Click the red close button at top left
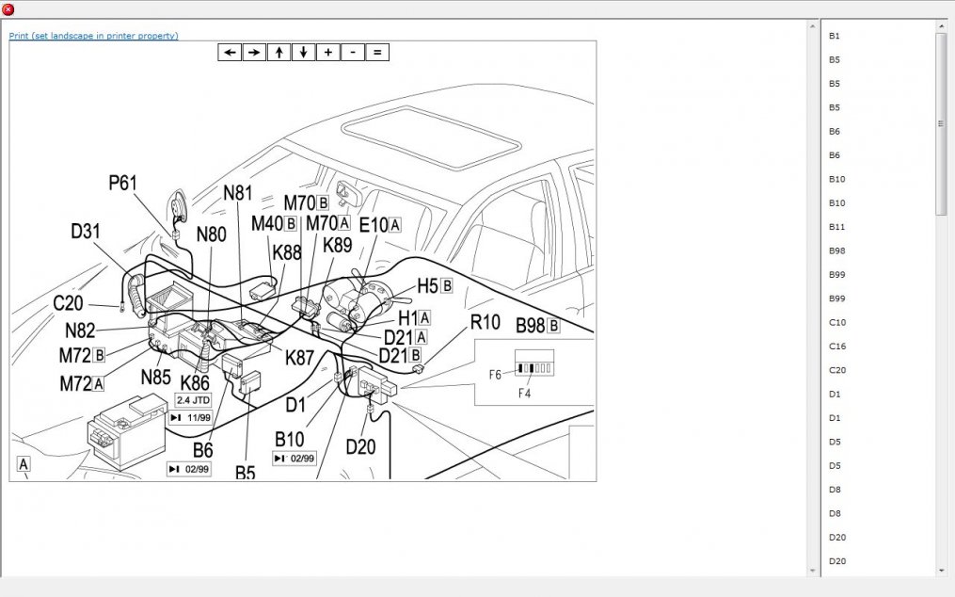(x=8, y=8)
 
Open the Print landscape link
(x=93, y=36)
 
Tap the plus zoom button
(x=327, y=53)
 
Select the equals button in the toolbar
(x=376, y=53)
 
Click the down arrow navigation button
(x=303, y=53)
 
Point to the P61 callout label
(x=123, y=183)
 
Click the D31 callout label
(x=86, y=231)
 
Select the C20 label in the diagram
(x=68, y=303)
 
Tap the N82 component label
(x=80, y=331)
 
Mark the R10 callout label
(x=485, y=323)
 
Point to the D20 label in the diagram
(x=360, y=446)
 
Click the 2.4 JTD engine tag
(x=194, y=400)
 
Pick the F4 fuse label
(x=524, y=394)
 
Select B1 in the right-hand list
(x=835, y=36)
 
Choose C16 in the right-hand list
(x=837, y=347)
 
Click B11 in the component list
(x=837, y=227)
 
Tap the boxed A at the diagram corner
(x=24, y=463)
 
